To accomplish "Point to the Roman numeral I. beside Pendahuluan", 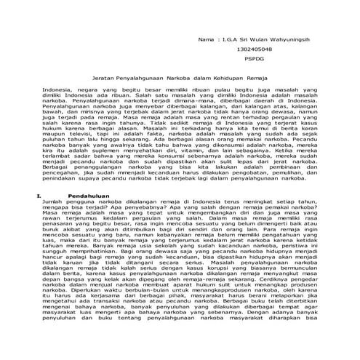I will click(x=28, y=196).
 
